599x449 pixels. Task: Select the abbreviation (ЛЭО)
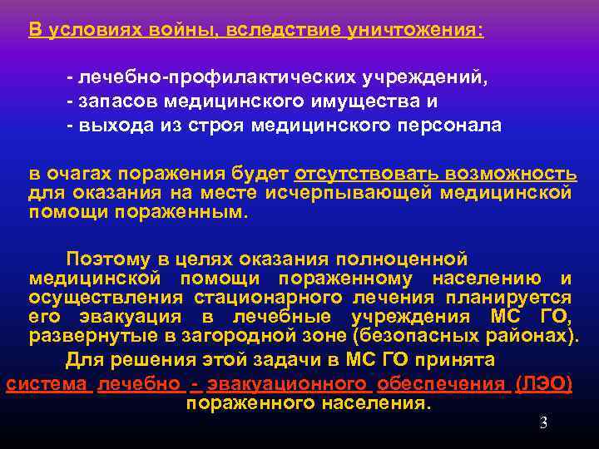(x=543, y=383)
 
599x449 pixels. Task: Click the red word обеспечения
(x=441, y=383)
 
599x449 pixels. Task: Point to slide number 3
(x=543, y=422)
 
